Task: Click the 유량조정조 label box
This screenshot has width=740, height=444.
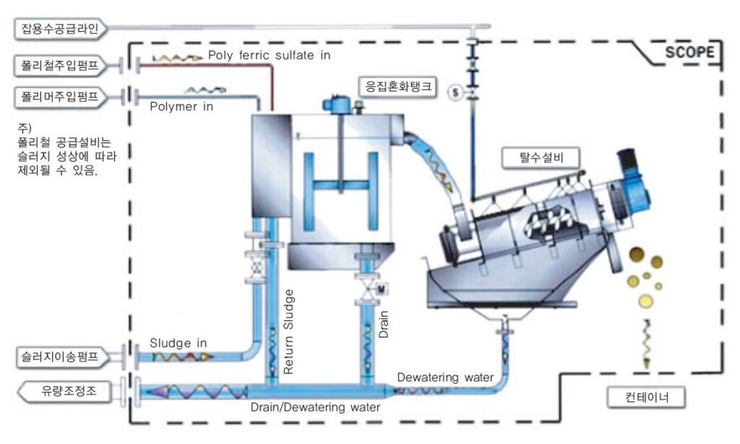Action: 66,391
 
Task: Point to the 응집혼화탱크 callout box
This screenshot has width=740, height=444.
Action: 398,87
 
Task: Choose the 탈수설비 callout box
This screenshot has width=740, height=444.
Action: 541,158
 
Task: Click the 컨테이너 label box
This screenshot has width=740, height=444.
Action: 646,397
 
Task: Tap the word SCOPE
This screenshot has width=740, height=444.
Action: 689,51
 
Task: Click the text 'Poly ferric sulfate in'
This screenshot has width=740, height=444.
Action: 269,55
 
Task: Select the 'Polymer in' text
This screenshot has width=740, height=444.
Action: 181,107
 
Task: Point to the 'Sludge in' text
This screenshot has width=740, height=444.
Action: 178,343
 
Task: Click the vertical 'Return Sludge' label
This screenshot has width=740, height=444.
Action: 288,332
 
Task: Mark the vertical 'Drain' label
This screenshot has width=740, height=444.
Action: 384,324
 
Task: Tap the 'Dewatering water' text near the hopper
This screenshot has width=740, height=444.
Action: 445,377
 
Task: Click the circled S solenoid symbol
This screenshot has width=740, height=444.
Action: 455,92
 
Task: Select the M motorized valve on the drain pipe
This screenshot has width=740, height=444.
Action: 382,288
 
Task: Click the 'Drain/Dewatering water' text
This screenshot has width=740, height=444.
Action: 315,407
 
